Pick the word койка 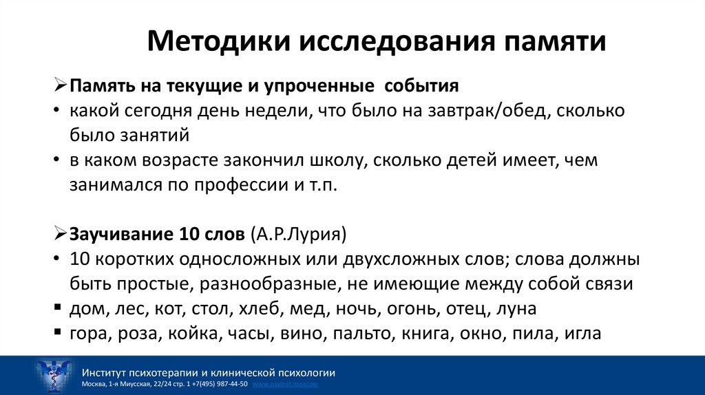pos(206,333)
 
